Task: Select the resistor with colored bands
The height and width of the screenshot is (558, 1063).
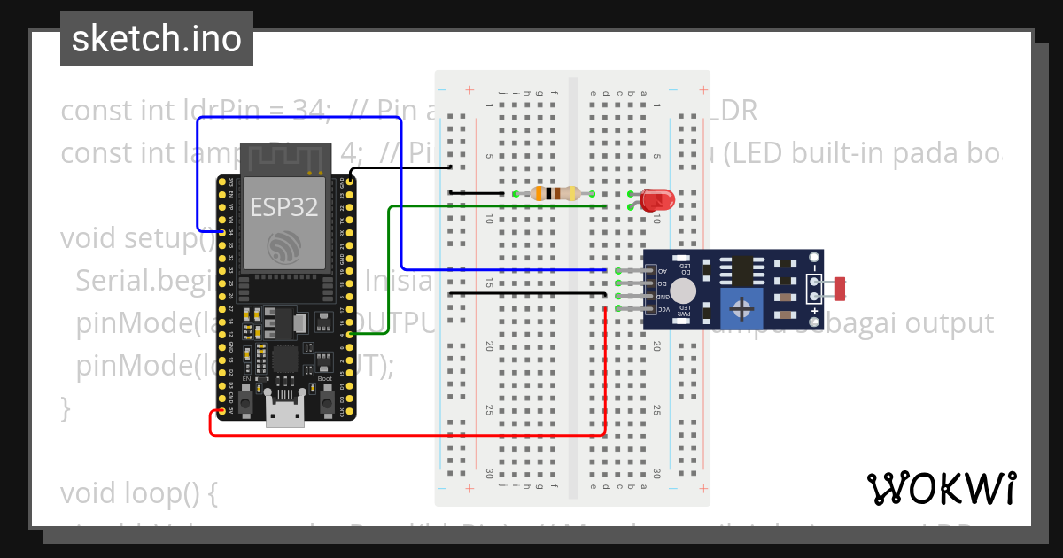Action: (x=554, y=193)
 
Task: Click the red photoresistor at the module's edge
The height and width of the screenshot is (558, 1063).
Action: (x=840, y=286)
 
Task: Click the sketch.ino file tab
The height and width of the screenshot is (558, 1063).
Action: (x=157, y=39)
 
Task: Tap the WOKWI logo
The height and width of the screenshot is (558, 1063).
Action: (x=941, y=488)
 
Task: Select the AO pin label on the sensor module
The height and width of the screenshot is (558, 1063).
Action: (x=660, y=270)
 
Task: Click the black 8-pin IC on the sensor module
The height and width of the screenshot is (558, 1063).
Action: (x=737, y=268)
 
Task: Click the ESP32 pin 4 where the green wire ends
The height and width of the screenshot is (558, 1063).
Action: (x=352, y=334)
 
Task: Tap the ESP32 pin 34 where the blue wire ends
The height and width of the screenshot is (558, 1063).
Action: (x=220, y=232)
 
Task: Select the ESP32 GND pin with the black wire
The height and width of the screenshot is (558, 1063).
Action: (x=352, y=181)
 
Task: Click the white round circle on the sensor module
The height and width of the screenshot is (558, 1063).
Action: (x=682, y=290)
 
